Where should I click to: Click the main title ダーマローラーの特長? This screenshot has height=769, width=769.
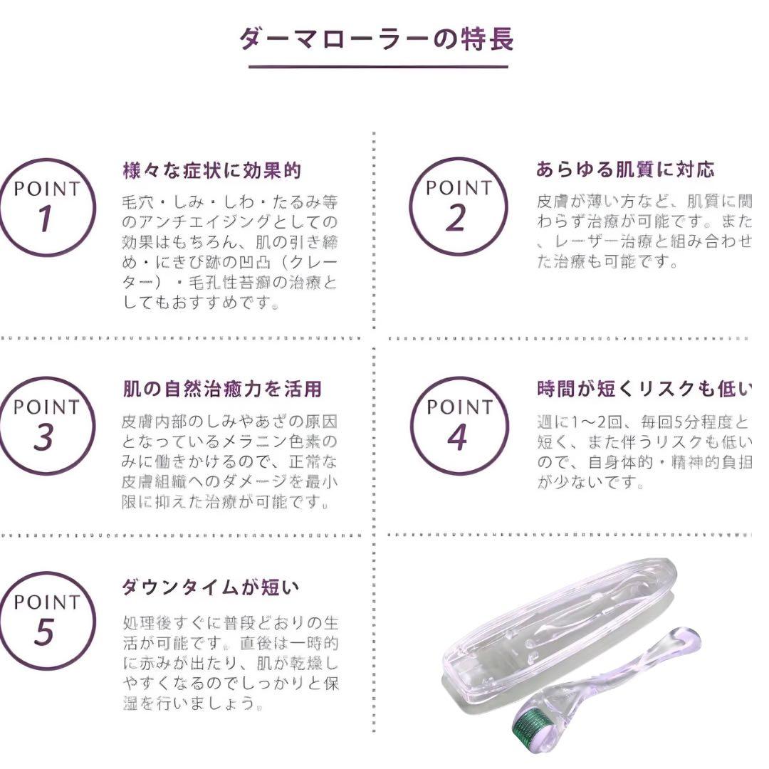coord(377,38)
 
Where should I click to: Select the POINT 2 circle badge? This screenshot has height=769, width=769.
coord(458,206)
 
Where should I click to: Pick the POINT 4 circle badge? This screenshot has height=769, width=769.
coord(459,426)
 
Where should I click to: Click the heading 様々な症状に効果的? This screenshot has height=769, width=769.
coord(211,171)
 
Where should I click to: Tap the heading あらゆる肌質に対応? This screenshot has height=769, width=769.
coord(624,169)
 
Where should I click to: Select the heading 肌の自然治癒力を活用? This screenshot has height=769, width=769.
coord(221,389)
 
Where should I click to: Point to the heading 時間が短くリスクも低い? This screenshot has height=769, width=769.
coord(644,389)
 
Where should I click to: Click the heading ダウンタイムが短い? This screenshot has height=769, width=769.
coord(210,587)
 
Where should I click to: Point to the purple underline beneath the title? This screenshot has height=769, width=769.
coord(378,67)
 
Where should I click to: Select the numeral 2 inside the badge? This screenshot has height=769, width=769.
coord(456,219)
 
